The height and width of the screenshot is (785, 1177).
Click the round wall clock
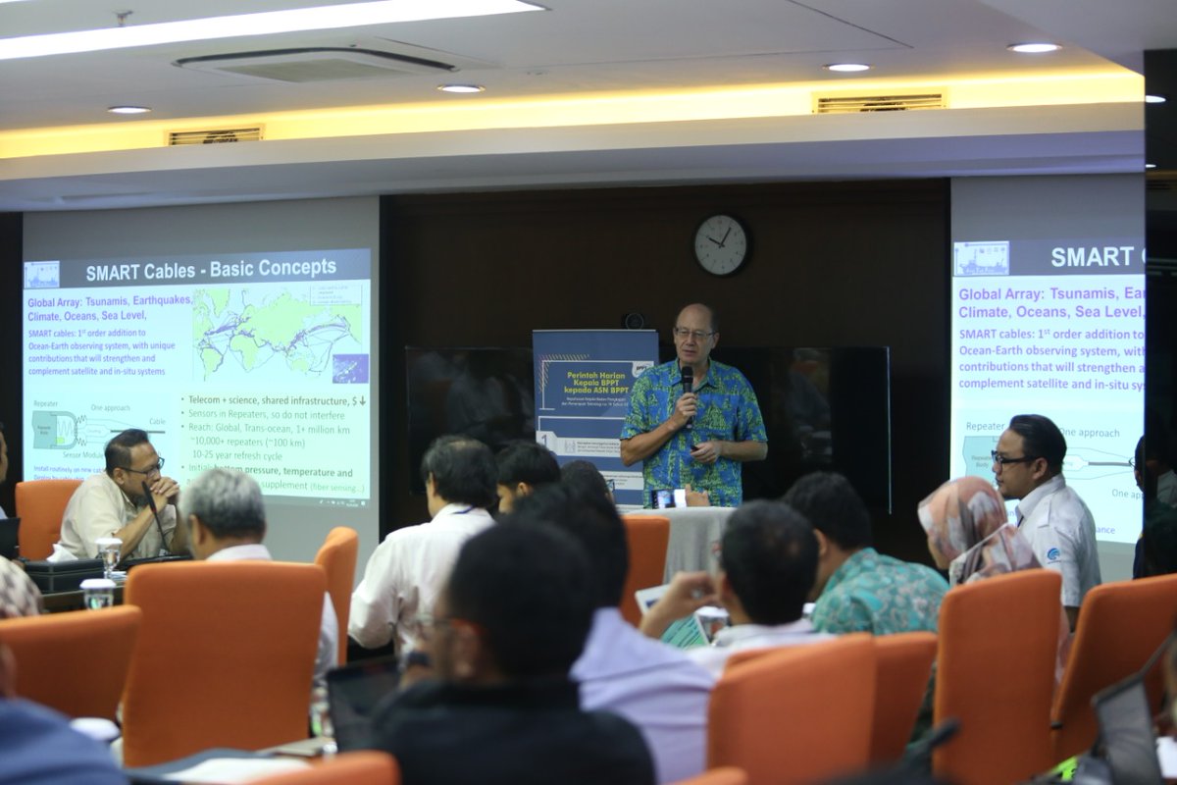pyautogui.click(x=722, y=244)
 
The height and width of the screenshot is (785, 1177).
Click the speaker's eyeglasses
pyautogui.click(x=693, y=334)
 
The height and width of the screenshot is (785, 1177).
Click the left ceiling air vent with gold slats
pyautogui.click(x=215, y=135)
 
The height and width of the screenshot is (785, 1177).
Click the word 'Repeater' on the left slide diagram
pyautogui.click(x=46, y=403)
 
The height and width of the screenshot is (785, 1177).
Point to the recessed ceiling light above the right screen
pyautogui.click(x=1034, y=47)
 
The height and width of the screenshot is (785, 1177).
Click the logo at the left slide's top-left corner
pyautogui.click(x=41, y=275)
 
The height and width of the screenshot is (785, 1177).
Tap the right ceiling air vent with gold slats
pyautogui.click(x=880, y=102)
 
